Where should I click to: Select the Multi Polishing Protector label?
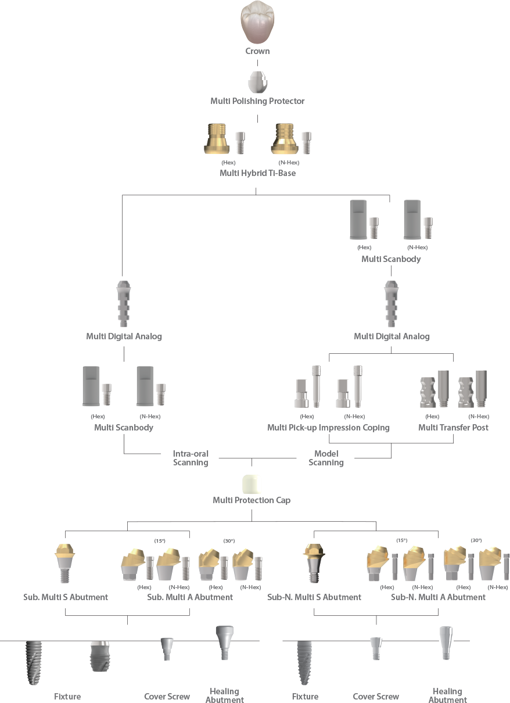tap(257, 101)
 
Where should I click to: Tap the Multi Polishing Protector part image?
tap(257, 82)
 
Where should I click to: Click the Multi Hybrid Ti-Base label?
tap(257, 173)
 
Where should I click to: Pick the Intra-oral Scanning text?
tap(191, 458)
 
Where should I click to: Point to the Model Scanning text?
tap(326, 458)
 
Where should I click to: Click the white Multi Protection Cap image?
tap(252, 483)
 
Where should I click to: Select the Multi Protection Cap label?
tap(252, 500)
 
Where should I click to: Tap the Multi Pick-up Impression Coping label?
tap(328, 428)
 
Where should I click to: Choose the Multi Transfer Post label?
tap(453, 428)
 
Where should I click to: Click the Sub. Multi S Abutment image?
tap(65, 562)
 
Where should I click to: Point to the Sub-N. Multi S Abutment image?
tap(314, 562)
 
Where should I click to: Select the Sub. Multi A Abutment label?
tap(190, 597)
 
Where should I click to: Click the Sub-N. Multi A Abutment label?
tap(437, 597)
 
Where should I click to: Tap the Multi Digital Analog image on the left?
tap(123, 304)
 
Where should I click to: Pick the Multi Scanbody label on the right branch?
tap(391, 259)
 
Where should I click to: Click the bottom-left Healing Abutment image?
tap(224, 643)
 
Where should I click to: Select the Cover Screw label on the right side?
tap(376, 696)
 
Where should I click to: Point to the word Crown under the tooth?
tap(257, 51)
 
